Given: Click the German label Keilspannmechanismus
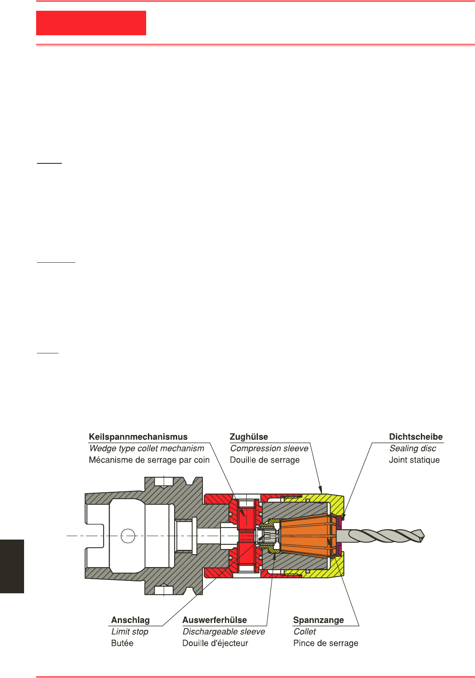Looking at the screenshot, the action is (x=138, y=437).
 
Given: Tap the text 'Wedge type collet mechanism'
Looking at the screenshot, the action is (x=147, y=448).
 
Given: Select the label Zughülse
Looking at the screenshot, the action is (x=249, y=437).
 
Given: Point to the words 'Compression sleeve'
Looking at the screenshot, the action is (x=269, y=448).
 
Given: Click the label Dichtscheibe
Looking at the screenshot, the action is (x=416, y=437).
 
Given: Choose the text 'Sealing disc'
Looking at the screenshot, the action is (x=413, y=448).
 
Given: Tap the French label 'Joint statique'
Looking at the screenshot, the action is (x=414, y=460).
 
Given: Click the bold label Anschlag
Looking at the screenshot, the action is (x=130, y=620).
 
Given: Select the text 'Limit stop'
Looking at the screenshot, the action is (x=130, y=632).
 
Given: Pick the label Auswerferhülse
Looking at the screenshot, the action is (x=215, y=620).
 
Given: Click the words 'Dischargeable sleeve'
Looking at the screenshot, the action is (x=224, y=632).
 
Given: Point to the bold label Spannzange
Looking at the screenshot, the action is (x=318, y=620).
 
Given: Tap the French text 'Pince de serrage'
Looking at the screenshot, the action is (x=325, y=643).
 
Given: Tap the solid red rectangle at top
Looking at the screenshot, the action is (x=91, y=23).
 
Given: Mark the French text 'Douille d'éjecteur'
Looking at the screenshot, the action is (x=215, y=643).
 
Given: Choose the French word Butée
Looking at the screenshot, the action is (x=122, y=643).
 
